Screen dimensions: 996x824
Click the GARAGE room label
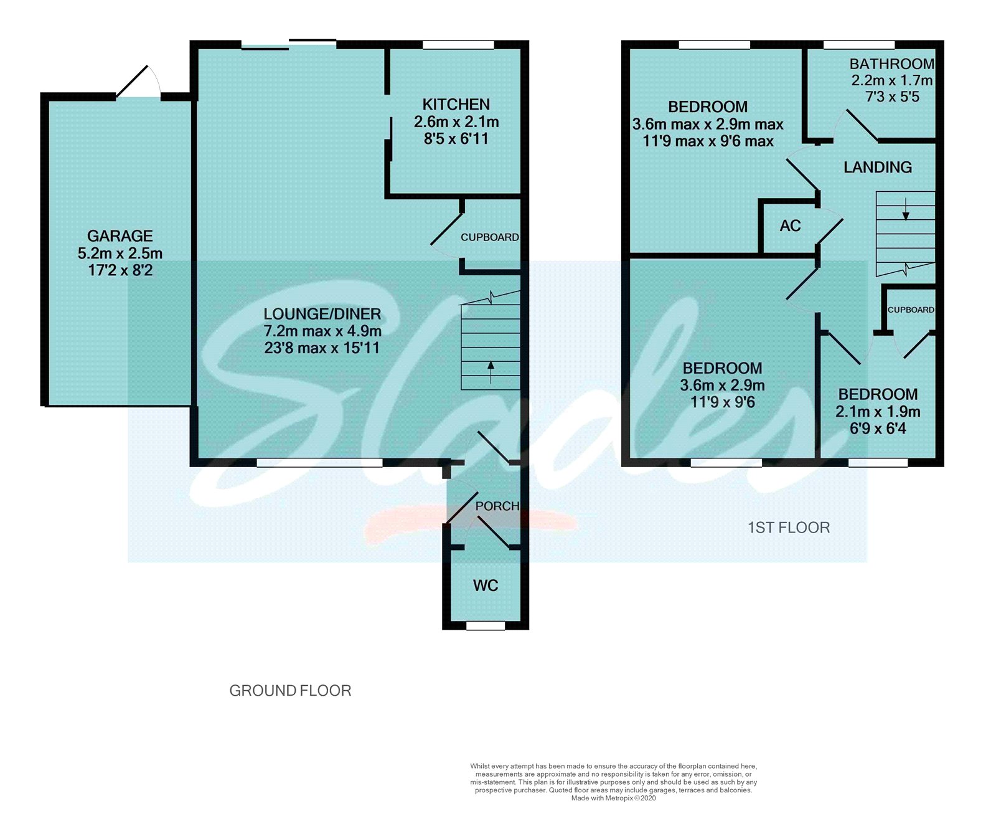coord(120,236)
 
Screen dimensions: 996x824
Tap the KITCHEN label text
coord(456,105)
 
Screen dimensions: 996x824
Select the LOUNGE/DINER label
coord(322,314)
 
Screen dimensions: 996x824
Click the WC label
coord(486,585)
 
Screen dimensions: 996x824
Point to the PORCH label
coord(497,506)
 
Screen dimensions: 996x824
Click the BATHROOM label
coord(892,64)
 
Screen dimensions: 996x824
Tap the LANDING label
coord(878,167)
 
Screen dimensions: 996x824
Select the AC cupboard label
coord(791,225)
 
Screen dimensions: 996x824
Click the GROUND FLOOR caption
coord(291,691)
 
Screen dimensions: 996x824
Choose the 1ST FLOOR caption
coord(789,528)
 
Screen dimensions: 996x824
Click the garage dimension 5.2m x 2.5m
coord(120,253)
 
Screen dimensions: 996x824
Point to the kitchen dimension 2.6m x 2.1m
coord(456,122)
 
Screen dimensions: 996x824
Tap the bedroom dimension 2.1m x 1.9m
coord(878,412)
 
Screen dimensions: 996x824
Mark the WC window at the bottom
coord(486,625)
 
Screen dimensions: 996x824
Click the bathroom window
coord(859,45)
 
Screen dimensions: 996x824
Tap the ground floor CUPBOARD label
coord(490,237)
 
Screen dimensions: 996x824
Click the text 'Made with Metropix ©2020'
coord(613,798)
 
